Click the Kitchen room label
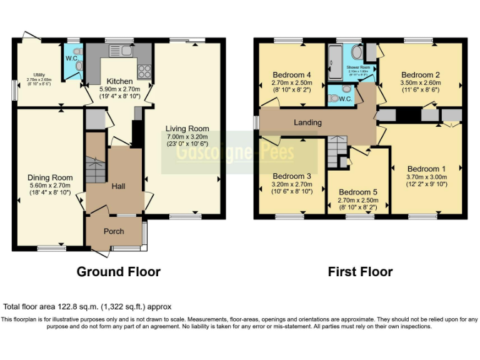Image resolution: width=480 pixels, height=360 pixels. [119, 81]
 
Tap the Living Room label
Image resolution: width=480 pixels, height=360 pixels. [187, 129]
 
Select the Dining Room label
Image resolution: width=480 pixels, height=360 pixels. [51, 177]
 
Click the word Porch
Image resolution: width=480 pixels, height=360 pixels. [114, 231]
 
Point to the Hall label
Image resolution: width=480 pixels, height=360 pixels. [119, 186]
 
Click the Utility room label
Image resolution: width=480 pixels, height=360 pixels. [39, 74]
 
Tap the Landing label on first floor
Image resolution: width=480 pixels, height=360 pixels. [307, 122]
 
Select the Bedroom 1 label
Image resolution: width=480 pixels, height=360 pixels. [427, 169]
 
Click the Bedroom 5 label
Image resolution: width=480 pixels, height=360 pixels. [359, 192]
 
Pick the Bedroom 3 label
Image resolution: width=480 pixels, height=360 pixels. [292, 176]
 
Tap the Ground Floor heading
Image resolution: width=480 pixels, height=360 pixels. [118, 272]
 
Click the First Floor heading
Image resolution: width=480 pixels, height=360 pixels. [360, 272]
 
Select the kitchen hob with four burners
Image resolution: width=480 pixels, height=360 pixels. [144, 71]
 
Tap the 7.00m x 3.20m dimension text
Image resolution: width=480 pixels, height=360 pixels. [187, 137]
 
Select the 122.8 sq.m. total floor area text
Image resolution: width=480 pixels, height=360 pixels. [87, 307]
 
